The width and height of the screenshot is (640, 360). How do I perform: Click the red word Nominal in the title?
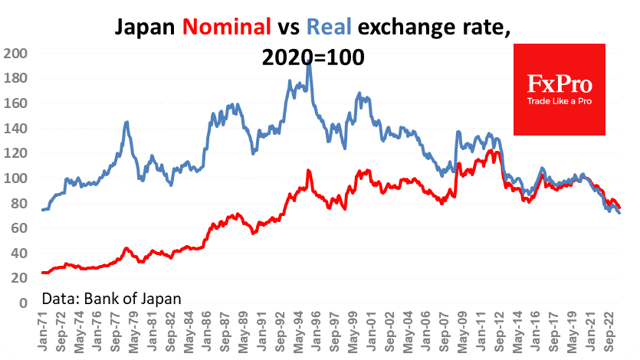click(x=228, y=28)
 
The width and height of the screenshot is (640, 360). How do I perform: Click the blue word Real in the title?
click(x=330, y=28)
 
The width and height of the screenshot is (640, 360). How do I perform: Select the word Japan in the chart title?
click(x=146, y=28)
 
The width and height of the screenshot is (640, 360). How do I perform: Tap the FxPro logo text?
click(x=559, y=83)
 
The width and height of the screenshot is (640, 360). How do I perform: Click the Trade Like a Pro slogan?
click(x=559, y=101)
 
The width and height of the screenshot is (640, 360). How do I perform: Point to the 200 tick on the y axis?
click(x=15, y=54)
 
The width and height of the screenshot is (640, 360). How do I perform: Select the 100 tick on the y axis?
click(x=15, y=178)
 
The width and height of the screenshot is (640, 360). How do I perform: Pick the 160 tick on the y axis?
click(x=15, y=103)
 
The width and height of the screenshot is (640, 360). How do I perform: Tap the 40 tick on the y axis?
click(x=18, y=254)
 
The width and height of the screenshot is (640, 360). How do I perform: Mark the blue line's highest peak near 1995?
click(x=308, y=60)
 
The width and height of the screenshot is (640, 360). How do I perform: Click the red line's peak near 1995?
click(x=308, y=171)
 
